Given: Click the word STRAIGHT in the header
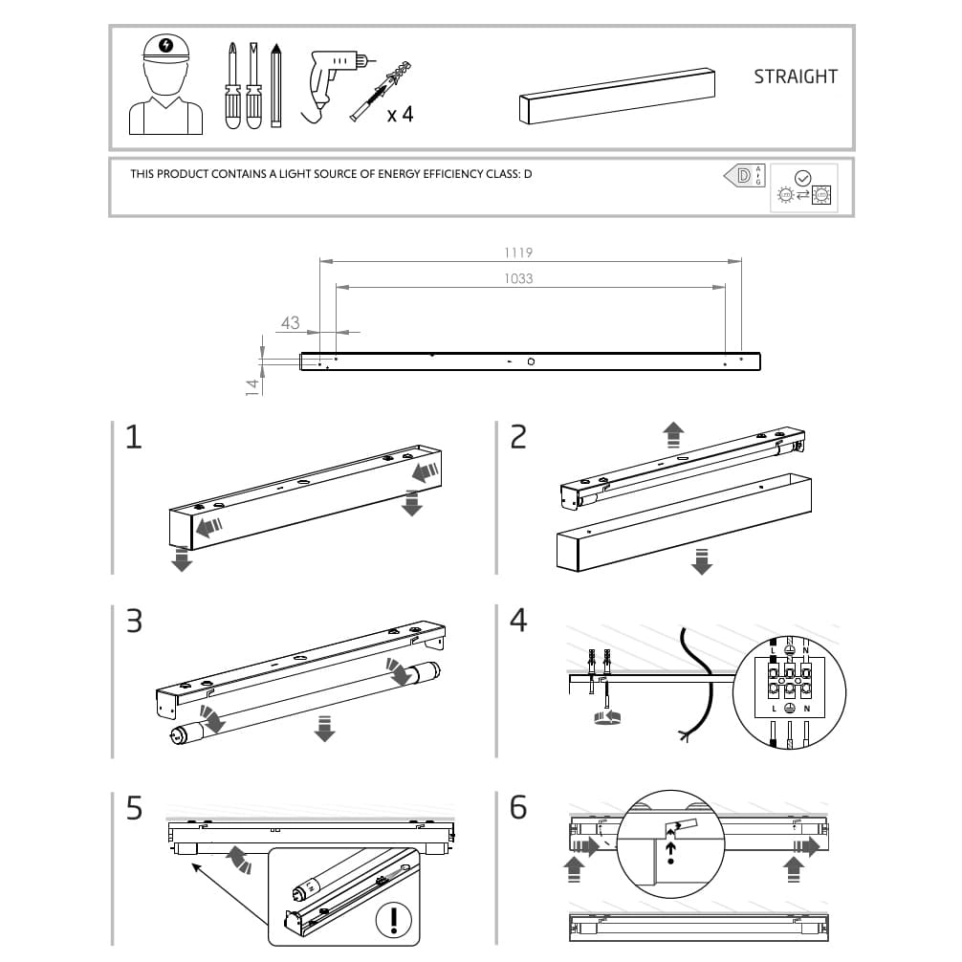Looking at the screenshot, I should tap(795, 77).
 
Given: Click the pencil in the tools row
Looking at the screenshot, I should tap(276, 85).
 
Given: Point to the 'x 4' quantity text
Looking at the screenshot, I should tap(400, 115).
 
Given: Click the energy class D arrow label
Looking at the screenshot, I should tap(743, 175).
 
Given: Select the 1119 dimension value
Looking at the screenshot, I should tap(518, 253).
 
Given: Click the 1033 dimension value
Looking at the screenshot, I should tap(518, 278).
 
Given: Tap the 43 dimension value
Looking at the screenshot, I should tap(291, 322).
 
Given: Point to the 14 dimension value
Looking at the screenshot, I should tap(252, 385).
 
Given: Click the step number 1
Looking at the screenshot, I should tap(134, 437).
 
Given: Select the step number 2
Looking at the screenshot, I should tap(518, 437).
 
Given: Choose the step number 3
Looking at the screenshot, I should tap(134, 621).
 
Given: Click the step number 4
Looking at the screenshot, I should tap(518, 621).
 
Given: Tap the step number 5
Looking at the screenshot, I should tap(134, 808).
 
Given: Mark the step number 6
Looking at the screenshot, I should tap(518, 808).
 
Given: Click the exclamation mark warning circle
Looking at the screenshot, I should tap(392, 920).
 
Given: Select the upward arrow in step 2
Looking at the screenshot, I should tap(673, 434).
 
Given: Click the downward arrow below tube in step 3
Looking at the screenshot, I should tap(325, 728).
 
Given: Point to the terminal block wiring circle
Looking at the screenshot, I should tap(789, 691).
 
